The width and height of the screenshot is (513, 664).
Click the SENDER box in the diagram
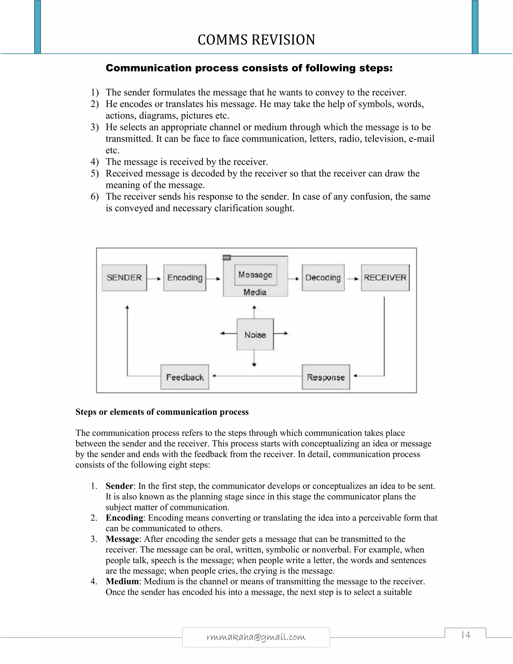point(124,278)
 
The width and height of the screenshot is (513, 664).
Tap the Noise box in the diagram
point(255,335)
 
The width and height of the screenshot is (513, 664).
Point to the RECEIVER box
point(385,278)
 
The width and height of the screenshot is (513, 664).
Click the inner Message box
point(255,275)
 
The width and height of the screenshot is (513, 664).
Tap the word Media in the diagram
point(255,292)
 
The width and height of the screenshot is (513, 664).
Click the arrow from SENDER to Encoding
point(155,278)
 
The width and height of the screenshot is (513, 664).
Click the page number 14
point(465,635)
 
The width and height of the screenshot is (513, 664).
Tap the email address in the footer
point(256,637)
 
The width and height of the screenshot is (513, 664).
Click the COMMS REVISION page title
point(256,40)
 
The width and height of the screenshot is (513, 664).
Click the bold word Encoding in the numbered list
point(124,518)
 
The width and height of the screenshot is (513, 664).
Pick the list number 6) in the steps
point(94,197)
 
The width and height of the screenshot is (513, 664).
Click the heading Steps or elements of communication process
point(162,412)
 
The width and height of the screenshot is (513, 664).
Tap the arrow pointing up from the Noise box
point(254,312)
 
